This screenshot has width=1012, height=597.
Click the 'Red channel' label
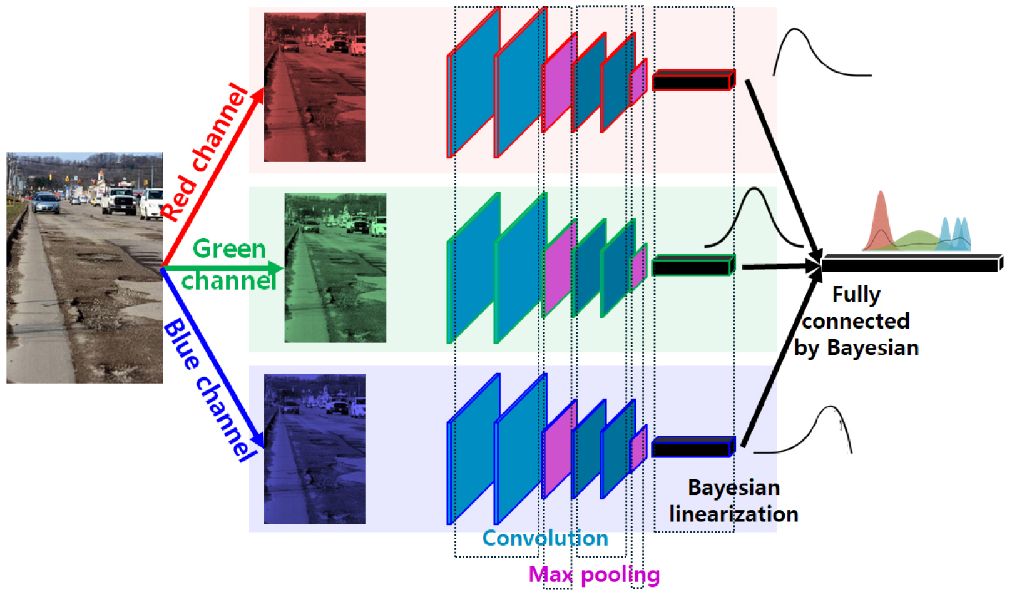click(205, 151)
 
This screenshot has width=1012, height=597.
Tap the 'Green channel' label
click(229, 265)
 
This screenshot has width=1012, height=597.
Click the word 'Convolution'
click(544, 538)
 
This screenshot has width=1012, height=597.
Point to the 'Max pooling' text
click(594, 574)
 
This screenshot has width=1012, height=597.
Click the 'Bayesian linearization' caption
click(733, 501)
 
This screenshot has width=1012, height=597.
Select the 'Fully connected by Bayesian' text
click(856, 321)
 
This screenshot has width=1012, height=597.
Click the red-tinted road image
click(315, 87)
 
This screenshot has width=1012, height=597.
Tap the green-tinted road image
click(335, 268)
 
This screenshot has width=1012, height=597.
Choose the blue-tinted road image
click(315, 449)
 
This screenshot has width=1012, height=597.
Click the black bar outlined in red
click(693, 81)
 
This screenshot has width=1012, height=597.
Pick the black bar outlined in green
click(692, 266)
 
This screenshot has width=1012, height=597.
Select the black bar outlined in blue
click(692, 448)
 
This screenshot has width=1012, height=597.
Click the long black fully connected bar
click(911, 263)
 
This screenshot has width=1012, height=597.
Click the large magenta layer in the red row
click(559, 84)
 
